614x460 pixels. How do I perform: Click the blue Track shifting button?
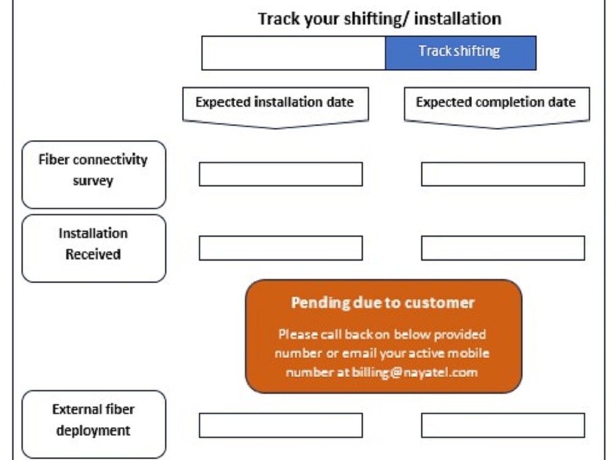coord(460,53)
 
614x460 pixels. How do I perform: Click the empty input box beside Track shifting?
coord(293,53)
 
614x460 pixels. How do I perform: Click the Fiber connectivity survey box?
coord(93,174)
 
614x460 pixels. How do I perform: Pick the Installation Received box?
coord(93,248)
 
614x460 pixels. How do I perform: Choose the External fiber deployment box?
coord(93,424)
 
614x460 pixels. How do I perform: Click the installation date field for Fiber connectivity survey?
coord(281,174)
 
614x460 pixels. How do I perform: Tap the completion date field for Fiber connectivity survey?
coord(503,174)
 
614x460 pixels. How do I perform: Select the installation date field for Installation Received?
coord(281,248)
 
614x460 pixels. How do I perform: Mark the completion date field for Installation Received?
coord(503,248)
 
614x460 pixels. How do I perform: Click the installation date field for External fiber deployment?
coord(281,425)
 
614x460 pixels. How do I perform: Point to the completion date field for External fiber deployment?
coord(503,425)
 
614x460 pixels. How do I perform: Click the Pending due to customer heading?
coord(383,303)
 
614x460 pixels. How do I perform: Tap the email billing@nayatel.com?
coord(414,372)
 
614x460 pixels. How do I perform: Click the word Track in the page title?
coord(279,19)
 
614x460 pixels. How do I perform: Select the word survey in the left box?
coord(93,181)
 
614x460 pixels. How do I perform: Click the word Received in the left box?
coord(93,255)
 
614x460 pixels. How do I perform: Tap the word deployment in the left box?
coord(93,431)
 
